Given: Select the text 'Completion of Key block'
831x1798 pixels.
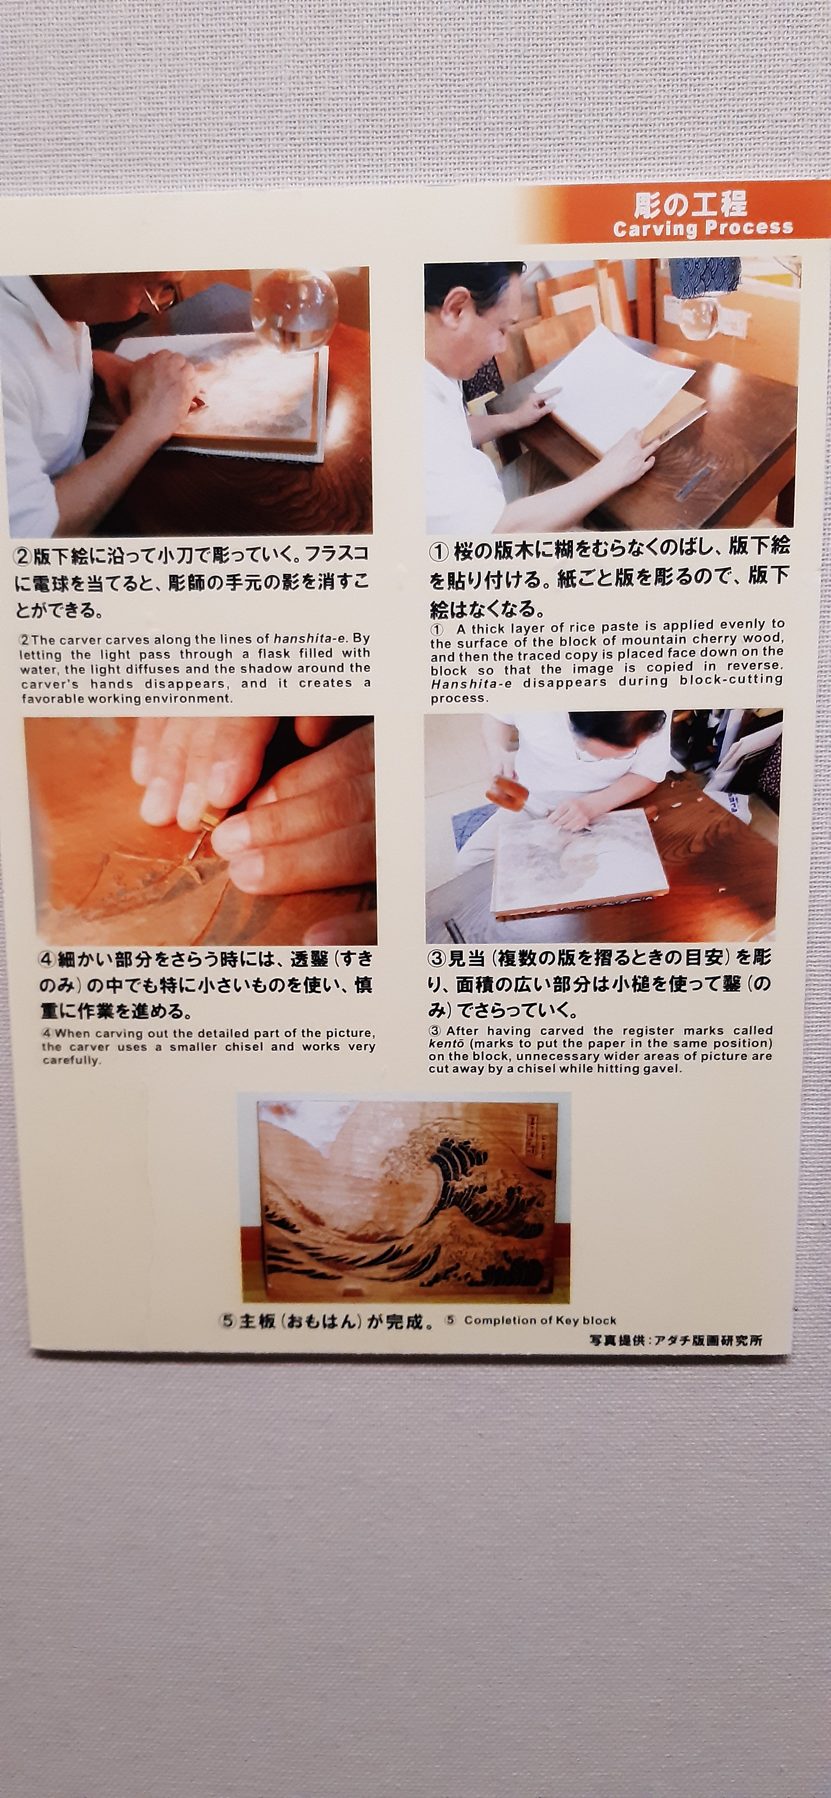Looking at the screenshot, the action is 540,1320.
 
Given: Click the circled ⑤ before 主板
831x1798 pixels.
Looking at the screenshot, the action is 228,1321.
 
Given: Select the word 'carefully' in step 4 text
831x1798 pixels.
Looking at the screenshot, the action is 72,1060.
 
